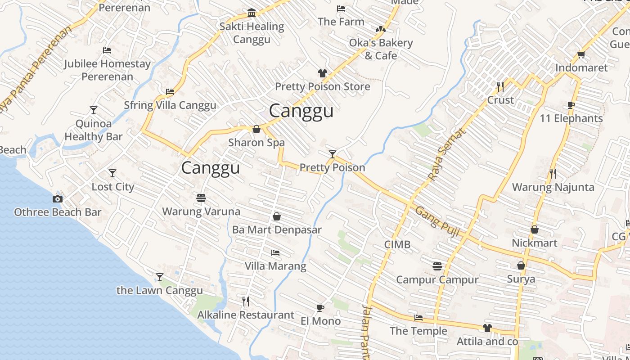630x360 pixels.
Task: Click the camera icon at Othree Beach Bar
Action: [57, 199]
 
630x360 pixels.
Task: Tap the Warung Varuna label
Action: [201, 211]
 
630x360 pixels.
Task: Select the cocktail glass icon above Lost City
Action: [112, 173]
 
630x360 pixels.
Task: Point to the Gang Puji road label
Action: [437, 221]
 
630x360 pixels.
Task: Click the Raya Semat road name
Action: [445, 155]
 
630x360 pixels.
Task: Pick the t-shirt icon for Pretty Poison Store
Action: [322, 73]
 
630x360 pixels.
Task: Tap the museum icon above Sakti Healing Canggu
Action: [252, 12]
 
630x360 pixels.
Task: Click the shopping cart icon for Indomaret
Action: [581, 55]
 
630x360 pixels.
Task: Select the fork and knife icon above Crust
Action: [500, 86]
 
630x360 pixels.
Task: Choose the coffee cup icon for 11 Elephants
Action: [571, 105]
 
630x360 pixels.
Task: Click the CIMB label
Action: [397, 245]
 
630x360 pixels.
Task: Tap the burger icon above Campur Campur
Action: [437, 266]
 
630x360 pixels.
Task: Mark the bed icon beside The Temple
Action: [418, 318]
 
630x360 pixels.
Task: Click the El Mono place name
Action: [320, 321]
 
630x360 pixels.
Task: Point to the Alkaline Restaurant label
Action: [246, 315]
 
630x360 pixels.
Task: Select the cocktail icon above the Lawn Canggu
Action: [160, 277]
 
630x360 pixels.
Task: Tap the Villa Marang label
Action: [275, 266]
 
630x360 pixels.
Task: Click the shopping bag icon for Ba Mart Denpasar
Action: [277, 216]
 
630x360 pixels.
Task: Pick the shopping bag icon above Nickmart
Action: [535, 229]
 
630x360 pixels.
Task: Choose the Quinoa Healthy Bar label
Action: [94, 130]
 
